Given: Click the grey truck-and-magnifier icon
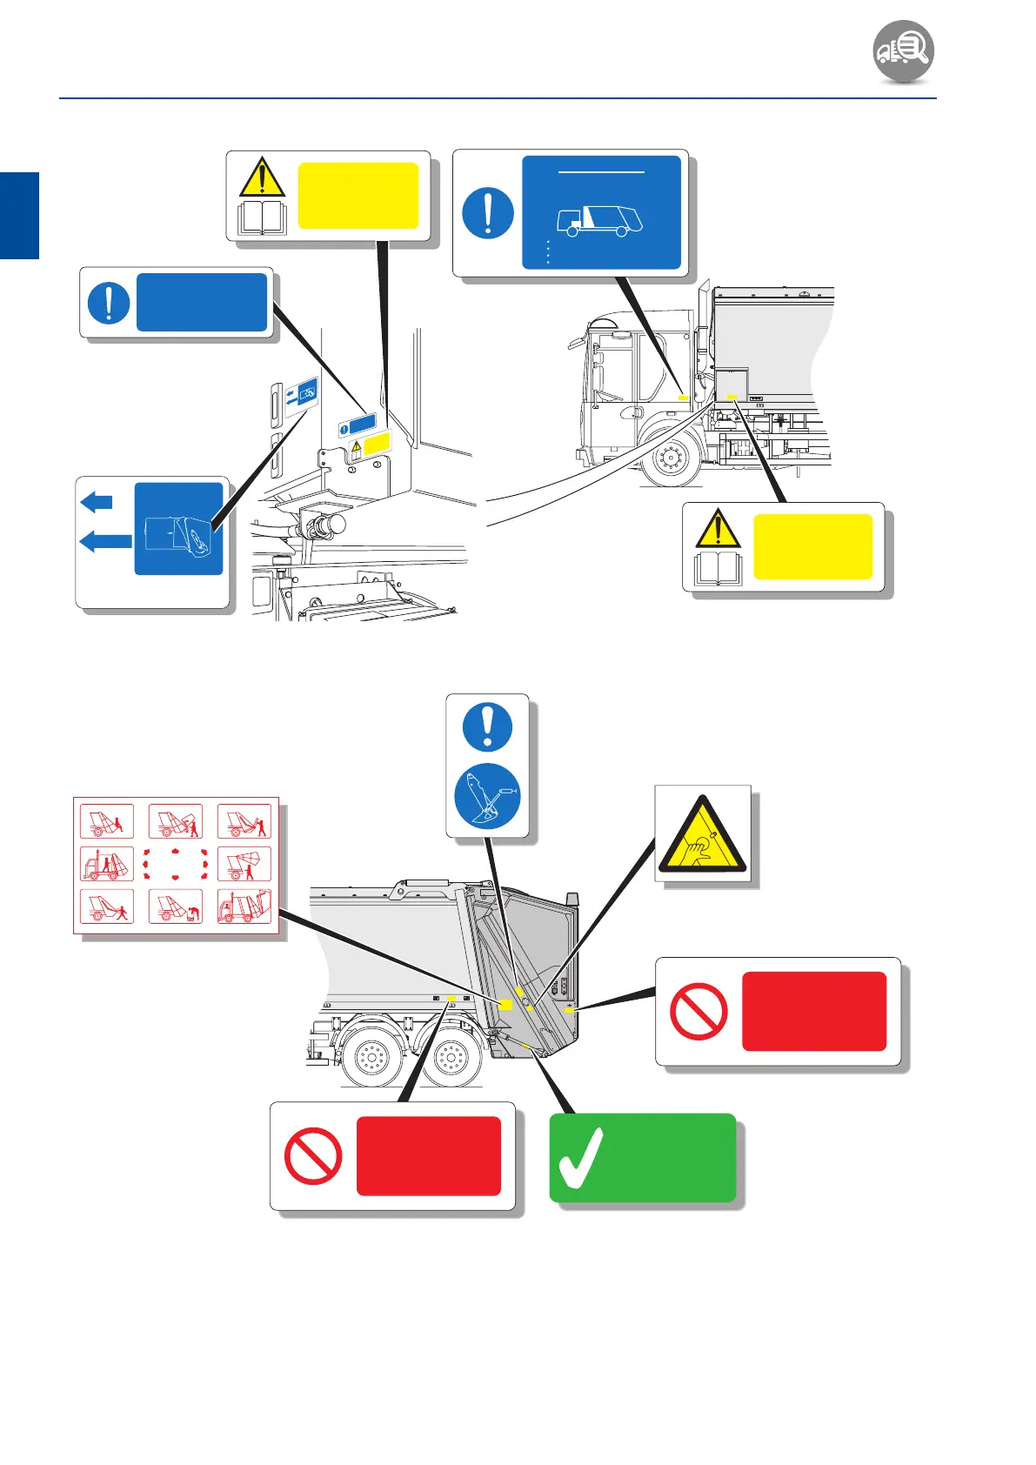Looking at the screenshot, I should pyautogui.click(x=904, y=51).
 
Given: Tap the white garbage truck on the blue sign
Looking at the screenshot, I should pyautogui.click(x=599, y=220).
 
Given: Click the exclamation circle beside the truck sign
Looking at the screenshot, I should pyautogui.click(x=487, y=213).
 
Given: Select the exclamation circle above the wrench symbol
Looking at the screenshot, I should pyautogui.click(x=487, y=726).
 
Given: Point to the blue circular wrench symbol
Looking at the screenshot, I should pyautogui.click(x=487, y=795).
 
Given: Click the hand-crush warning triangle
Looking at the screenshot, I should pyautogui.click(x=702, y=836).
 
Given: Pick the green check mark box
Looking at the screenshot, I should pyautogui.click(x=642, y=1158).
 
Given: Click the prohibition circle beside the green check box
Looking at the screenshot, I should pyautogui.click(x=313, y=1156).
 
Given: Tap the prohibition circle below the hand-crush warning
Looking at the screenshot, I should pyautogui.click(x=698, y=1012).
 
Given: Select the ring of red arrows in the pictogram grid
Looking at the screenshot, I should pyautogui.click(x=176, y=864).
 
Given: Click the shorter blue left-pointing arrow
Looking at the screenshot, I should pyautogui.click(x=97, y=502).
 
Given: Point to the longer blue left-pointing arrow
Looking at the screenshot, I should pyautogui.click(x=105, y=542).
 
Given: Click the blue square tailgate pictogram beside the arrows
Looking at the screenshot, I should pyautogui.click(x=178, y=529).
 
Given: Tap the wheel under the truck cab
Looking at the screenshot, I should pyautogui.click(x=671, y=456).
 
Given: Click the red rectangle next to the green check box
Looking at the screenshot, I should pyautogui.click(x=428, y=1156).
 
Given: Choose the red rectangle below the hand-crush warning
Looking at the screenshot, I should pyautogui.click(x=813, y=1011).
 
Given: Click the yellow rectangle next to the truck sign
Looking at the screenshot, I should pyautogui.click(x=358, y=196).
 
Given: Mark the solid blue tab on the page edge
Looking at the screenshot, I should pyautogui.click(x=19, y=215).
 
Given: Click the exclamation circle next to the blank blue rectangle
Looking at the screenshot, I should pyautogui.click(x=109, y=303).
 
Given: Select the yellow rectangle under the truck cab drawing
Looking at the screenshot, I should pyautogui.click(x=812, y=546).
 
